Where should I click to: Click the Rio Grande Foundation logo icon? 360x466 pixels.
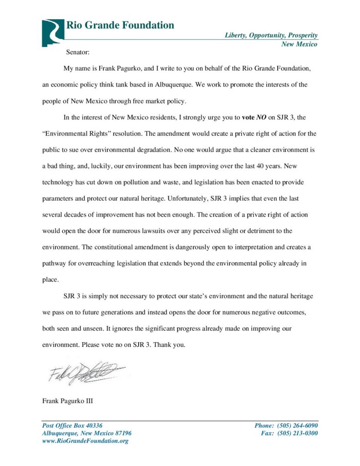53,33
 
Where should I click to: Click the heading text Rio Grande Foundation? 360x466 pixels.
120,25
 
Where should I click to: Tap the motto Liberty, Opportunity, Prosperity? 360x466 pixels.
271,35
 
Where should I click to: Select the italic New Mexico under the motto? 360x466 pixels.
299,44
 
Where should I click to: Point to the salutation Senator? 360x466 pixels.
77,53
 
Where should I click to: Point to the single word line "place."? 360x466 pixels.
51,279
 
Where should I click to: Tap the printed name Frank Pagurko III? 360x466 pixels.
68,401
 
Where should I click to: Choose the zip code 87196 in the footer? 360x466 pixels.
122,433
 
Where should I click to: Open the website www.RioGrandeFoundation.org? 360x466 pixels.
85,441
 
